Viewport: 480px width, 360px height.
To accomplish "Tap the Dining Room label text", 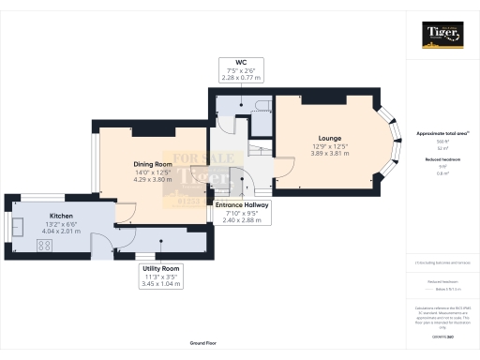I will [150, 162].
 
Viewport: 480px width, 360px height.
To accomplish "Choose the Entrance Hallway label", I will [243, 203].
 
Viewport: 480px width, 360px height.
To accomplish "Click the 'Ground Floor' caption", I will [203, 343].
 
